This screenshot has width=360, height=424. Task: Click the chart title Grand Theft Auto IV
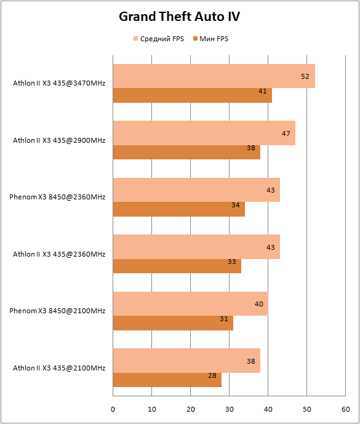point(179,17)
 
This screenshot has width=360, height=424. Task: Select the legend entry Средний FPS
point(159,39)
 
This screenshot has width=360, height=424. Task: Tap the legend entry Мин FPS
point(210,39)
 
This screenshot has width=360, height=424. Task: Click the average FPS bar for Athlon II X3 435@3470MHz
point(214,76)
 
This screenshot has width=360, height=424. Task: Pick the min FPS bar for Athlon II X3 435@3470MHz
point(192,95)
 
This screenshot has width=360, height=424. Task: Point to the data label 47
point(286,134)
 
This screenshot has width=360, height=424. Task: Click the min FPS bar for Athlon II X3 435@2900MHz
point(186,152)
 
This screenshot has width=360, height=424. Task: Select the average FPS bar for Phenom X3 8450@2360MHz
point(196,190)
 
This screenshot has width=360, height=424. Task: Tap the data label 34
point(236,206)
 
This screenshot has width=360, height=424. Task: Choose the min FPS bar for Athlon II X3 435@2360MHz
point(177,266)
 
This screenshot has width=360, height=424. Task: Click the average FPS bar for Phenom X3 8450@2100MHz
point(190,303)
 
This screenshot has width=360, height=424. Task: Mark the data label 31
point(223,319)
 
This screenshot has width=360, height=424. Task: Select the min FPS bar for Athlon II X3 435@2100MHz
point(167,380)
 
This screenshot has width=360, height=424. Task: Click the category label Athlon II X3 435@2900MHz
point(59,140)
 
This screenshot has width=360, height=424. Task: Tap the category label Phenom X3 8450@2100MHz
point(57,311)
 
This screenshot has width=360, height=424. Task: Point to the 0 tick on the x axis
point(113,409)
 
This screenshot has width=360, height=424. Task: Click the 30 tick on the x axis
point(230,409)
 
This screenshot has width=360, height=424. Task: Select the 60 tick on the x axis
point(346,409)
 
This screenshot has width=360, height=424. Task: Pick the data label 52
point(305,76)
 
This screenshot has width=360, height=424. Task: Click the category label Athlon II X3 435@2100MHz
point(59,368)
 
